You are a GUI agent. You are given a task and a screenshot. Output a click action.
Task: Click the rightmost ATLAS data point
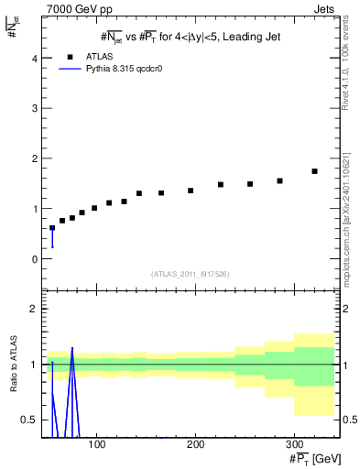pos(314,171)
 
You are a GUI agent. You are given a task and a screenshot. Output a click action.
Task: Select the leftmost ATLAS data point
pos(52,228)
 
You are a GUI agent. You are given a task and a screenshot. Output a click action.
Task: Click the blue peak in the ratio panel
pos(71,349)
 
